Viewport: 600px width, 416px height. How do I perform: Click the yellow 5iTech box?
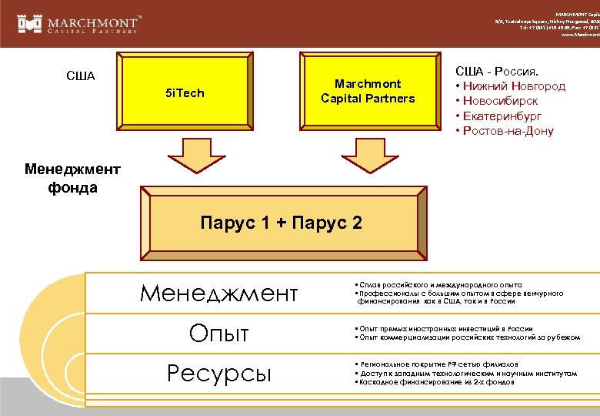(185, 93)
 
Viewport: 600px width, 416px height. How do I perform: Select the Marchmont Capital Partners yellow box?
(368, 91)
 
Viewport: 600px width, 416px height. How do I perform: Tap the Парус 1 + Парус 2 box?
(281, 223)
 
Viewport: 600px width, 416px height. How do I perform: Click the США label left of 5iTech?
(81, 76)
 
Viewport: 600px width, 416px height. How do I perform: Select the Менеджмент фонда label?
(61, 178)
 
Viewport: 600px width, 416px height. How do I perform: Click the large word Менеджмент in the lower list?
(218, 293)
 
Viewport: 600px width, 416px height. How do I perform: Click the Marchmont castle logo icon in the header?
(29, 23)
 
